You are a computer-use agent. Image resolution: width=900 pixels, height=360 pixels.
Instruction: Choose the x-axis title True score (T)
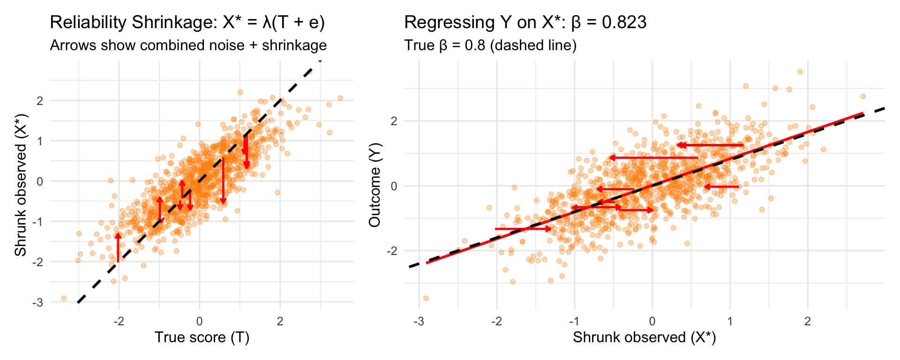tap(202, 337)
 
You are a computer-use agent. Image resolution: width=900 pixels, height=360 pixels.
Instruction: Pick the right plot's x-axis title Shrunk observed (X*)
tap(644, 337)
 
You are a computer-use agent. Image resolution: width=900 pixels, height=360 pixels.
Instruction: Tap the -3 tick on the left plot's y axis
tap(38, 302)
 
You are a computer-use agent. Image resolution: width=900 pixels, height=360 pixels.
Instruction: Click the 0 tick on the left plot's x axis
tap(200, 321)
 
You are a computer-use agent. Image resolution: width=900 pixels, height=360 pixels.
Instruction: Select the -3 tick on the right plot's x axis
tap(419, 321)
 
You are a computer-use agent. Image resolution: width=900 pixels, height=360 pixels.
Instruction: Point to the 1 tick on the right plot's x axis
tap(730, 321)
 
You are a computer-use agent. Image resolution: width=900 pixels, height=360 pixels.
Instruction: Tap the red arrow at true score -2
tap(118, 247)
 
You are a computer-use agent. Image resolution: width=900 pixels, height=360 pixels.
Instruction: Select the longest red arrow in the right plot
tap(654, 158)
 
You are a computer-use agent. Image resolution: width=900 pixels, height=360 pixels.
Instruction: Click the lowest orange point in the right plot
tap(426, 298)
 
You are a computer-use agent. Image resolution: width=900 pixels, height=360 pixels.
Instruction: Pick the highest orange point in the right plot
tap(800, 72)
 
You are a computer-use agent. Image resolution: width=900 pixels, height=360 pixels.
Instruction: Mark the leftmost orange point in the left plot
tap(64, 298)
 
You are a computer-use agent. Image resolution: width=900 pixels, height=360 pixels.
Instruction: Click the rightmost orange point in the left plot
tap(340, 98)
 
